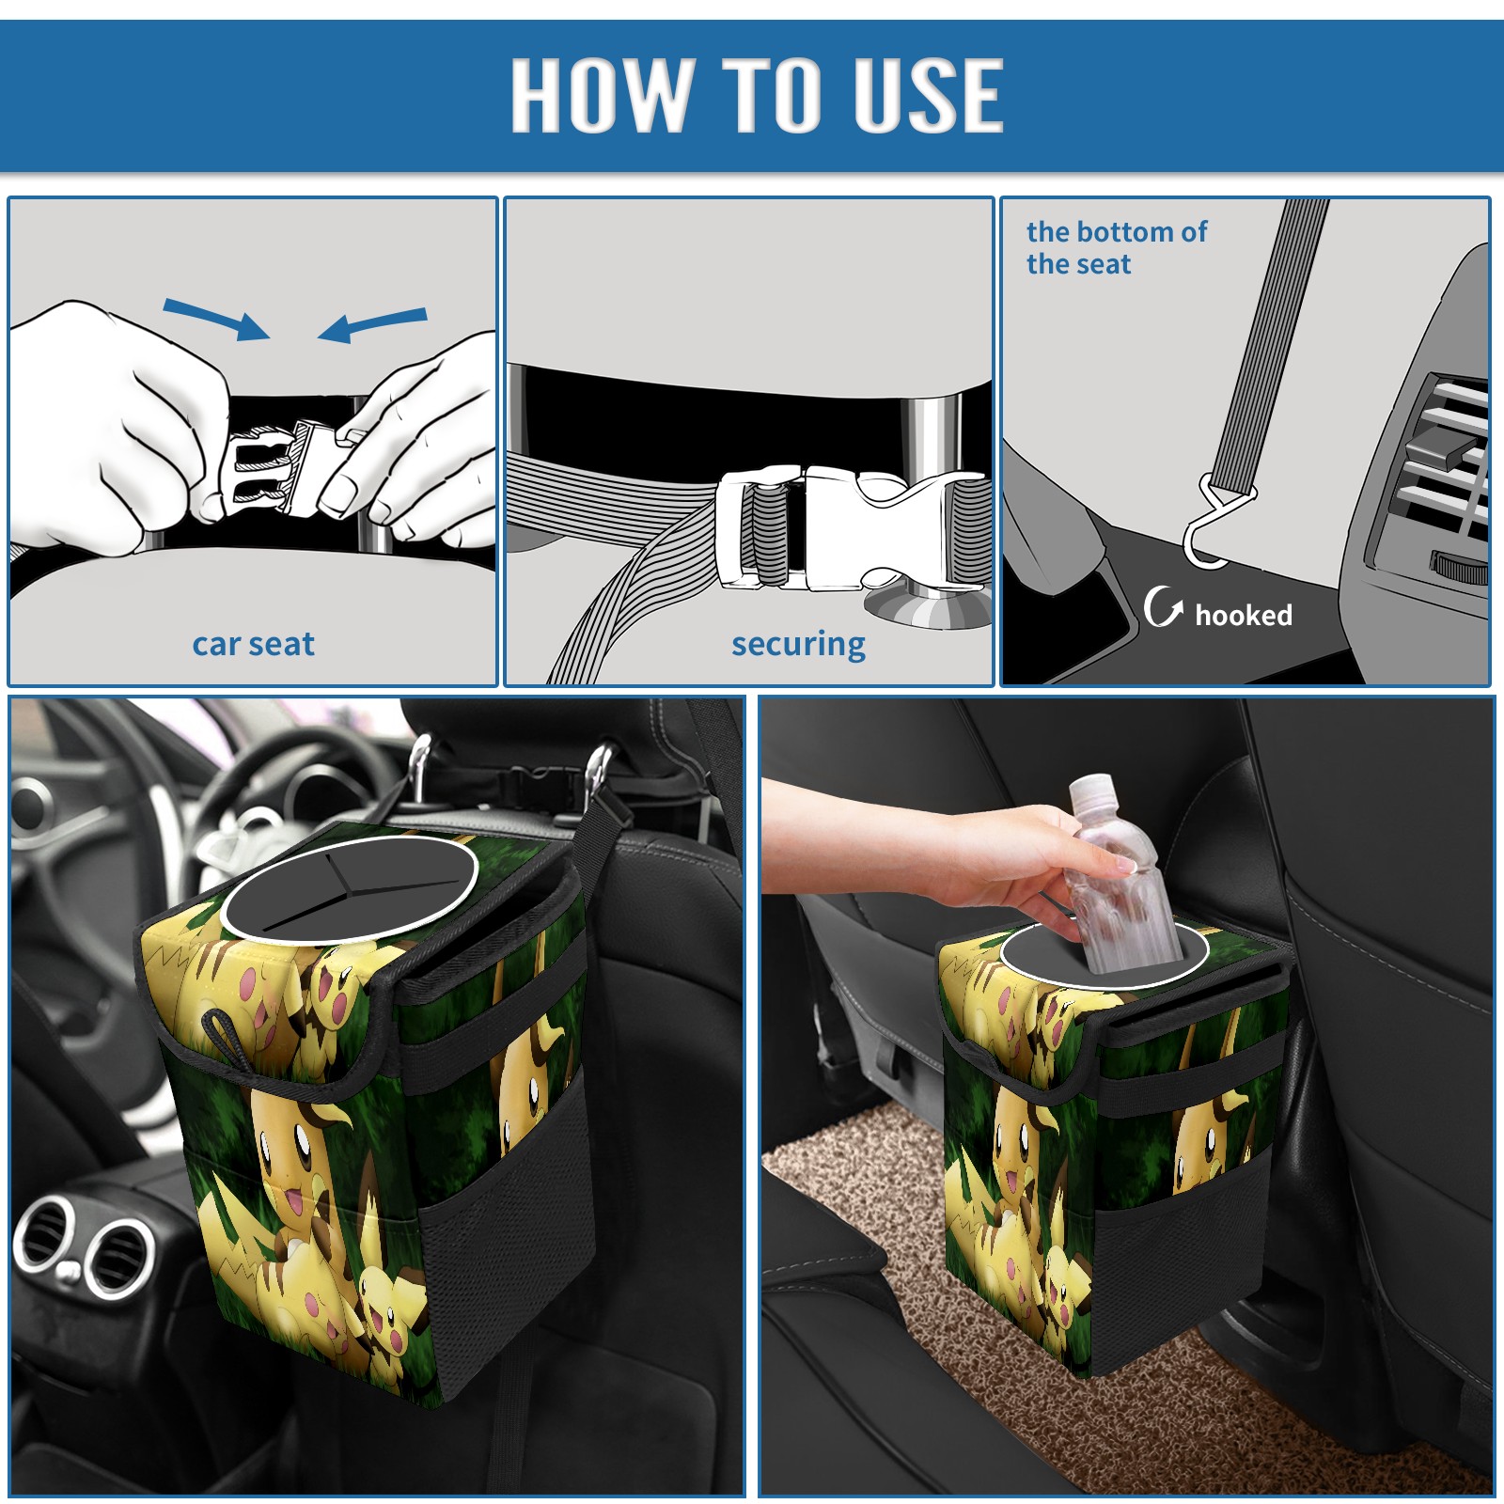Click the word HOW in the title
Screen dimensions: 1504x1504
pyautogui.click(x=600, y=94)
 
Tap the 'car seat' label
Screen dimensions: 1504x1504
pyautogui.click(x=253, y=644)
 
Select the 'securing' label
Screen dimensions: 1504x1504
pyautogui.click(x=798, y=645)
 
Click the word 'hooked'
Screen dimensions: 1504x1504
pyautogui.click(x=1243, y=615)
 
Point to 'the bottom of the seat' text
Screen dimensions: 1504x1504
pyautogui.click(x=1116, y=247)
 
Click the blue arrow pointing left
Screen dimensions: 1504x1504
pyautogui.click(x=372, y=325)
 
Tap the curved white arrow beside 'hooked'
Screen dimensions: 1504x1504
pyautogui.click(x=1162, y=605)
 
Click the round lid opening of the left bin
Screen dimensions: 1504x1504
pyautogui.click(x=348, y=888)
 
